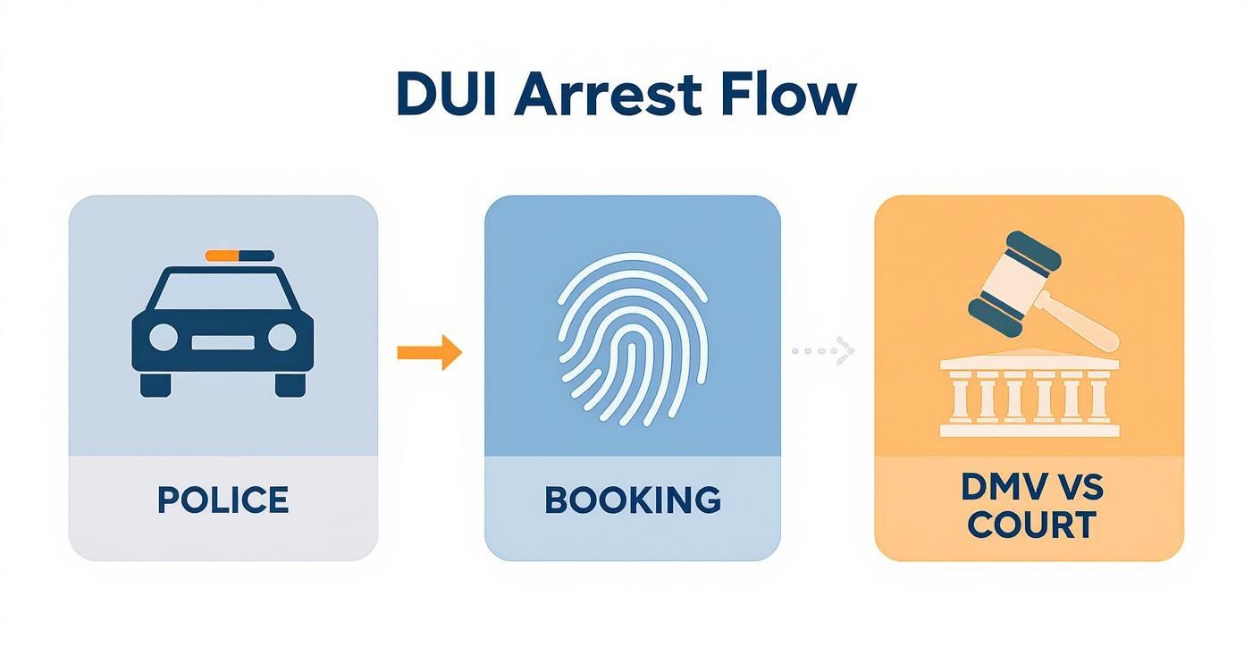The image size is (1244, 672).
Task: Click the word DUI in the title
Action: click(447, 95)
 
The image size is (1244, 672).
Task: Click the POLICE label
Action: click(223, 500)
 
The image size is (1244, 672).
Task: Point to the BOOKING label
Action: click(633, 500)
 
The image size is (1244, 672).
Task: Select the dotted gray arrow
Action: click(823, 350)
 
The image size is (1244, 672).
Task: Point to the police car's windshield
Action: click(223, 290)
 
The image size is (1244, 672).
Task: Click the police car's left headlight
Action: click(164, 337)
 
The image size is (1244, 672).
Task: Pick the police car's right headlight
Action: click(282, 337)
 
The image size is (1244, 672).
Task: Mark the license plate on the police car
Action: click(223, 342)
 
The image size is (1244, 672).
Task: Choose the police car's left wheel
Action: click(155, 385)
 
